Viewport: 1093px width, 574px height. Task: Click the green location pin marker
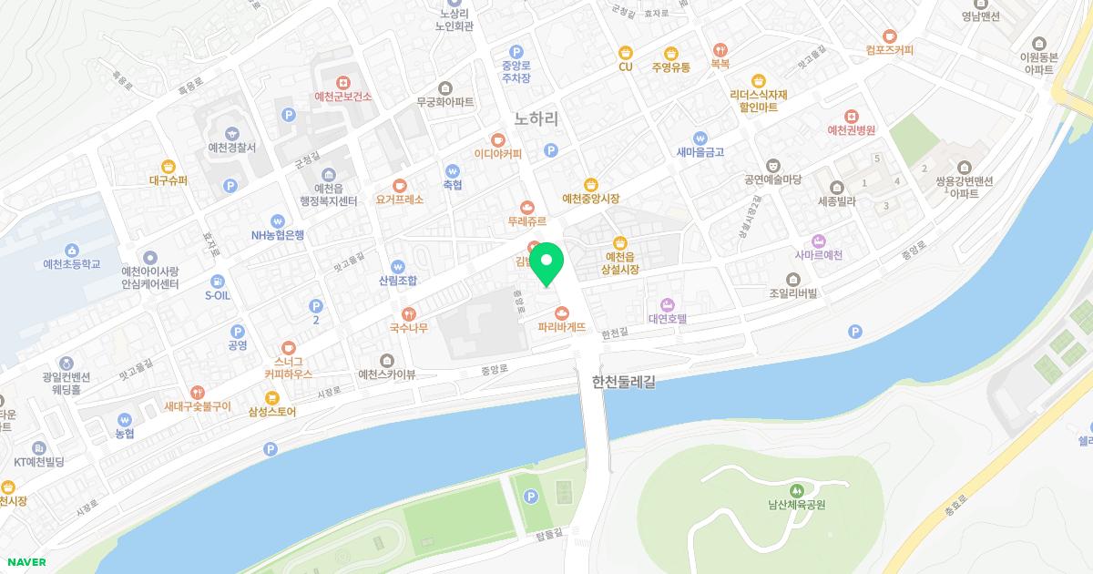(x=546, y=263)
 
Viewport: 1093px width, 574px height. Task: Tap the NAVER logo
(x=25, y=562)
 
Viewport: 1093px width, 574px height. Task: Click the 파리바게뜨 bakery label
(x=560, y=326)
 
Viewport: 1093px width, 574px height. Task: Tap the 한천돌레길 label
(x=623, y=383)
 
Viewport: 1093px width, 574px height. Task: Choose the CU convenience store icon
(x=625, y=52)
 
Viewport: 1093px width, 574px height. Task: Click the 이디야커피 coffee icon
(x=497, y=139)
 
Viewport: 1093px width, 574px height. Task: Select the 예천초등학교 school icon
(x=71, y=251)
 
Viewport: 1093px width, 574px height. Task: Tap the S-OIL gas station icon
(x=217, y=281)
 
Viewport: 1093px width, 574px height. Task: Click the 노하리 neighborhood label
(x=536, y=118)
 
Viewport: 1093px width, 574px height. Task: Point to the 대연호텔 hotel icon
(x=667, y=304)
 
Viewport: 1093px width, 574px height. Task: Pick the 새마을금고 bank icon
(x=700, y=138)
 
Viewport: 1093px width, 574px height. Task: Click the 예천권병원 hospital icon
(x=850, y=116)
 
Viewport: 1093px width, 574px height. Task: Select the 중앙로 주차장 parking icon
(x=516, y=52)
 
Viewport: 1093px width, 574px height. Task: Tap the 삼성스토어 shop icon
(x=271, y=397)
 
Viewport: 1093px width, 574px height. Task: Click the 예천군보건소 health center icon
(x=342, y=81)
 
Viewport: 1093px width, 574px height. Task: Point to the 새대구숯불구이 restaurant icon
(x=197, y=392)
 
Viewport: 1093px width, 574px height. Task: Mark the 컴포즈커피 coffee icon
(x=890, y=35)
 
